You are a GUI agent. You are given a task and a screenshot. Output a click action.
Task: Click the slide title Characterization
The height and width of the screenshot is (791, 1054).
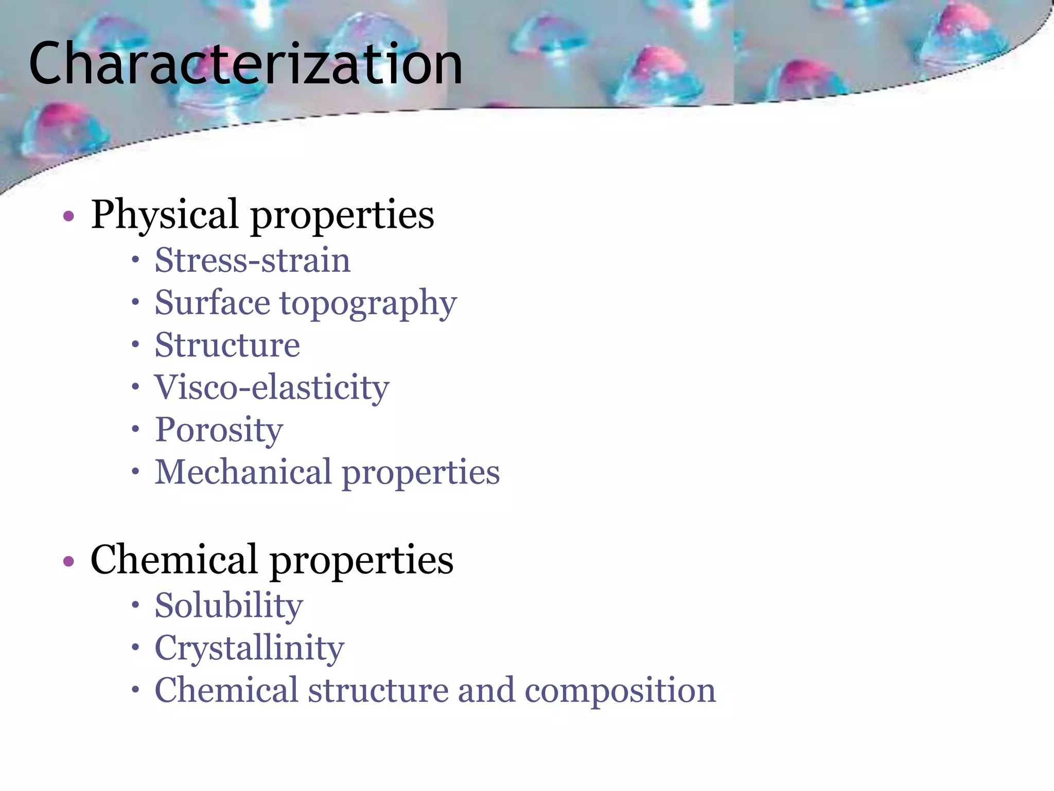[x=245, y=64]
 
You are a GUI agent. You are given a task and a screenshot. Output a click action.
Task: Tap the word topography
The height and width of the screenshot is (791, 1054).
[x=368, y=304]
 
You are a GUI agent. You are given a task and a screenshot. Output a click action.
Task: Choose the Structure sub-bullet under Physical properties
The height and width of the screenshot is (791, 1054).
[x=227, y=345]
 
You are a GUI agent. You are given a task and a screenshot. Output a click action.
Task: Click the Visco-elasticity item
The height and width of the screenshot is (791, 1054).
[x=272, y=387]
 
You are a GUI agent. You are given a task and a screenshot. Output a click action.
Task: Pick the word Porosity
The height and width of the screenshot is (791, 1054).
[x=219, y=430]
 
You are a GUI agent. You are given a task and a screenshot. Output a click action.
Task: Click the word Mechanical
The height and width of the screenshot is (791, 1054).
[x=243, y=472]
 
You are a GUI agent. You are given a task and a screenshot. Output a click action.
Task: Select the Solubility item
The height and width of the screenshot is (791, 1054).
[x=229, y=606]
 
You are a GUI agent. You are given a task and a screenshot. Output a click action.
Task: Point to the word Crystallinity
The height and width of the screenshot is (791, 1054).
[x=249, y=648]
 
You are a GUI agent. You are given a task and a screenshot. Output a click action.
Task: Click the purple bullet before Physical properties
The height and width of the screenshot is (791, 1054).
[x=68, y=216]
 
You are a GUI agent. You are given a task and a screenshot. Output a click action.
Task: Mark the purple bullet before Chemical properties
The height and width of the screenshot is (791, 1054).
[x=68, y=561]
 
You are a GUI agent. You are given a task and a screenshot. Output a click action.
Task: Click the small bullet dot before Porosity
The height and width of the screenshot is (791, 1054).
[x=135, y=428]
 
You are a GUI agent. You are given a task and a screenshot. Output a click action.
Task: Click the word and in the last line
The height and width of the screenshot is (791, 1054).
[x=486, y=690]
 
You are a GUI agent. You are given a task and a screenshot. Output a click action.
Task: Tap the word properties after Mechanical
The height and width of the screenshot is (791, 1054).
[x=420, y=473]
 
